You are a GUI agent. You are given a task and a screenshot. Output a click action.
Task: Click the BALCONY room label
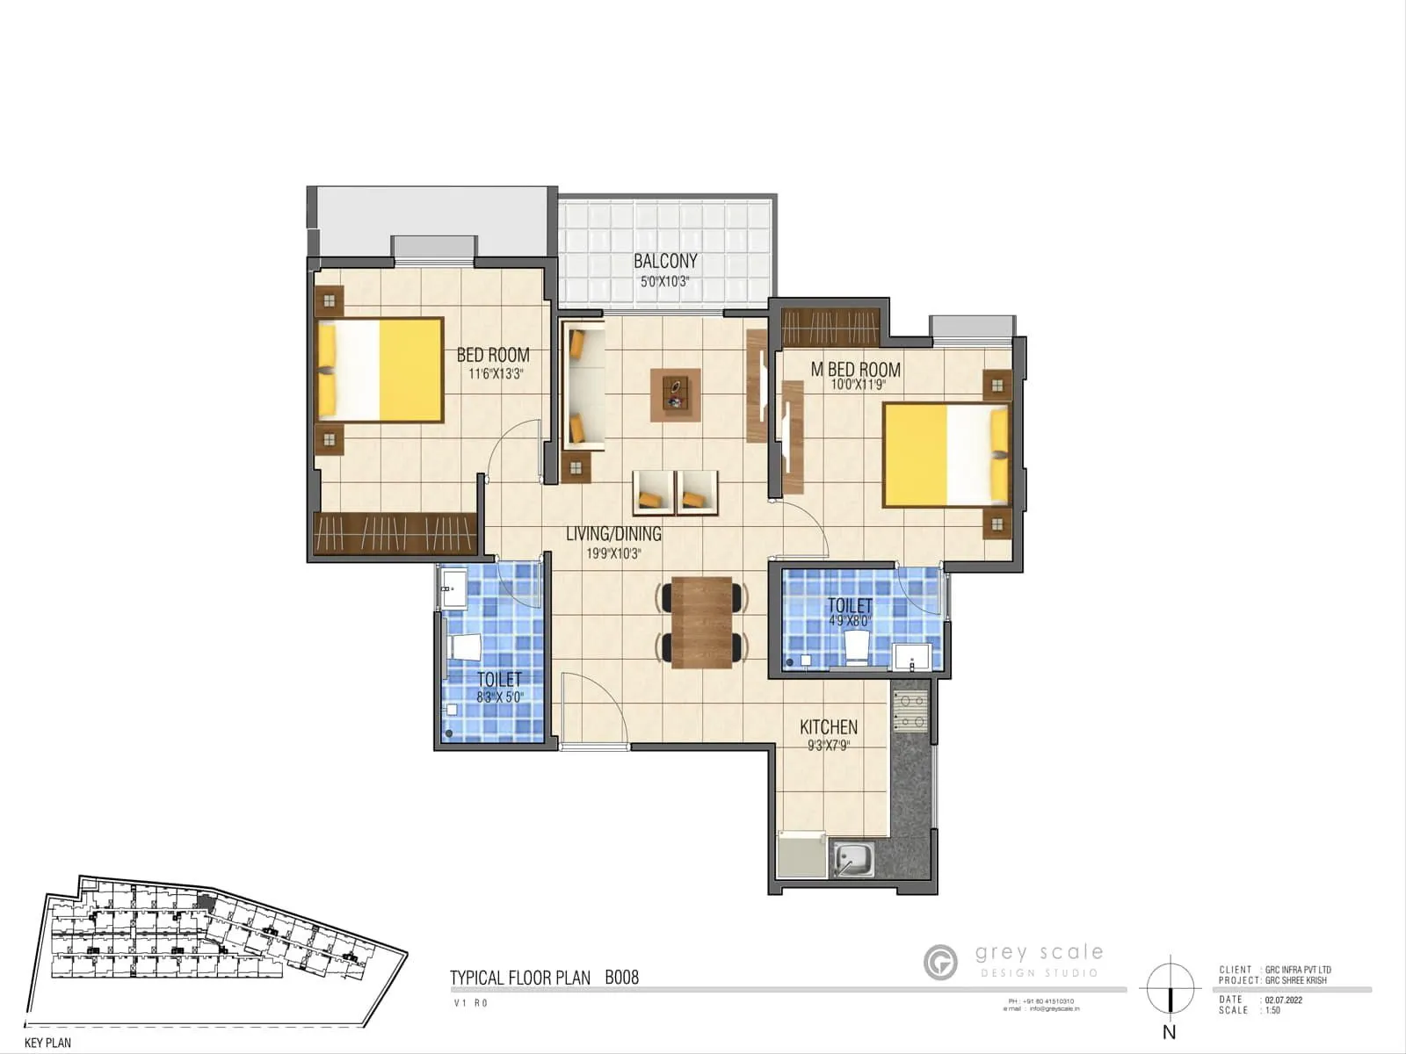tap(665, 261)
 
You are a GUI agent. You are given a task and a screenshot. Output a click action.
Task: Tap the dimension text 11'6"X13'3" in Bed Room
tap(496, 373)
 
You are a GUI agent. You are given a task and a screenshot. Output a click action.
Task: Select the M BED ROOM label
tap(855, 370)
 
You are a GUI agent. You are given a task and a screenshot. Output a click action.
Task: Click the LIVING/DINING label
tap(613, 534)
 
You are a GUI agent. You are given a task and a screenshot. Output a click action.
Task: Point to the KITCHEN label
tap(828, 727)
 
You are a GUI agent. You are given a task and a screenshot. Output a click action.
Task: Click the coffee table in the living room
tap(675, 394)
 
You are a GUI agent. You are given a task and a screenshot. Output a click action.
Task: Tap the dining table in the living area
tap(701, 623)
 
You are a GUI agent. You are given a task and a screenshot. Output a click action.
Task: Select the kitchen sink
tap(852, 859)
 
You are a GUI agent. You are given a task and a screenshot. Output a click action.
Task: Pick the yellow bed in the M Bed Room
tap(945, 455)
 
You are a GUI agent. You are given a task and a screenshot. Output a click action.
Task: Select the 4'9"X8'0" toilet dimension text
tap(849, 621)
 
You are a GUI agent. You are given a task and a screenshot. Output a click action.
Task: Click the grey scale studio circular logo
tap(940, 962)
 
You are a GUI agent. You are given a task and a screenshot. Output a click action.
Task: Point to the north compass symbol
tap(1170, 988)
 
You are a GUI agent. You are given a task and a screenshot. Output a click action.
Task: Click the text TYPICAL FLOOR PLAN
tap(519, 978)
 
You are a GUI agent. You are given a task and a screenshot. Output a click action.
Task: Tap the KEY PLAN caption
tap(47, 1043)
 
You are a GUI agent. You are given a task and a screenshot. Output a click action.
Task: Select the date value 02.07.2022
tap(1284, 1000)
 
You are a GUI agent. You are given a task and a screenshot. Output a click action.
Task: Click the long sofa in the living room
tap(582, 386)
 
